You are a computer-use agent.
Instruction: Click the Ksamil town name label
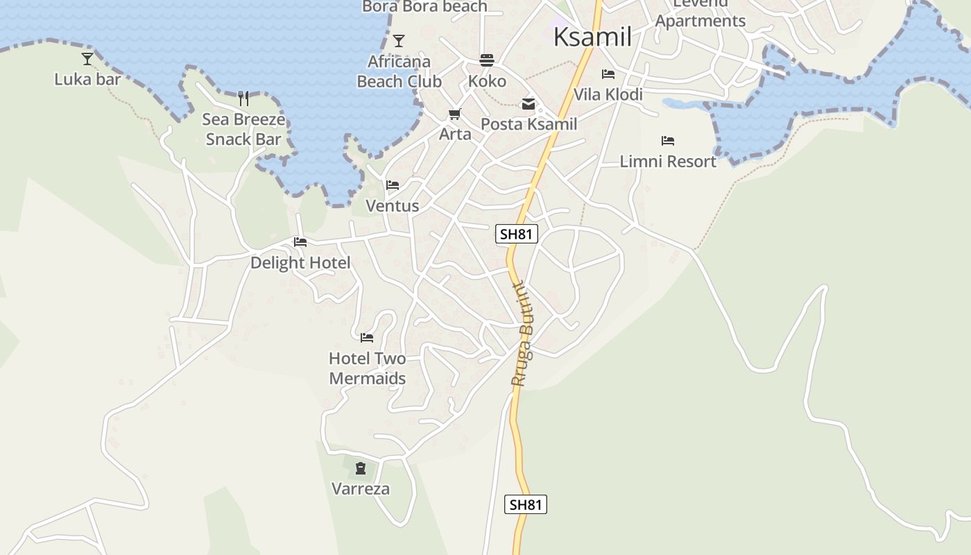pyautogui.click(x=592, y=37)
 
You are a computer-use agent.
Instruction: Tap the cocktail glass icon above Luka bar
pyautogui.click(x=87, y=59)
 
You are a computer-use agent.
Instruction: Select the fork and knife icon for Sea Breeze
pyautogui.click(x=243, y=98)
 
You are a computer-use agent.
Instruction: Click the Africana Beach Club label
pyautogui.click(x=399, y=71)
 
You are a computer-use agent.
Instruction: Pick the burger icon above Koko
pyautogui.click(x=487, y=60)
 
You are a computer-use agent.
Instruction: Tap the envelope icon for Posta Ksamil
pyautogui.click(x=529, y=105)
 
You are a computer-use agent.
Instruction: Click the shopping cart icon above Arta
pyautogui.click(x=455, y=114)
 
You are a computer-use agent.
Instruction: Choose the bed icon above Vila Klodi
pyautogui.click(x=608, y=74)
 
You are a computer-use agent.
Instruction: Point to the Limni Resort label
pyautogui.click(x=667, y=162)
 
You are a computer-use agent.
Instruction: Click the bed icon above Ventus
pyautogui.click(x=393, y=185)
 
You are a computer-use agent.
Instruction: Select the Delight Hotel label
pyautogui.click(x=300, y=263)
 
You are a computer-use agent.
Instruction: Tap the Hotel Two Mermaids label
pyautogui.click(x=367, y=368)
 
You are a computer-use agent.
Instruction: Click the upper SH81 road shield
pyautogui.click(x=517, y=234)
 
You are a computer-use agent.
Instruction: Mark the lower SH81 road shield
pyautogui.click(x=525, y=504)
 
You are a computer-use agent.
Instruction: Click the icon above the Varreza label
pyautogui.click(x=361, y=468)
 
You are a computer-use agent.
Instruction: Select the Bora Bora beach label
pyautogui.click(x=424, y=7)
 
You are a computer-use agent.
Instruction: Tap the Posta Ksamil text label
pyautogui.click(x=529, y=124)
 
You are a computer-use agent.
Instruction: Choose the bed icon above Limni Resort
pyautogui.click(x=668, y=141)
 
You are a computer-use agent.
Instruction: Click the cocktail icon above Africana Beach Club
pyautogui.click(x=399, y=41)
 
